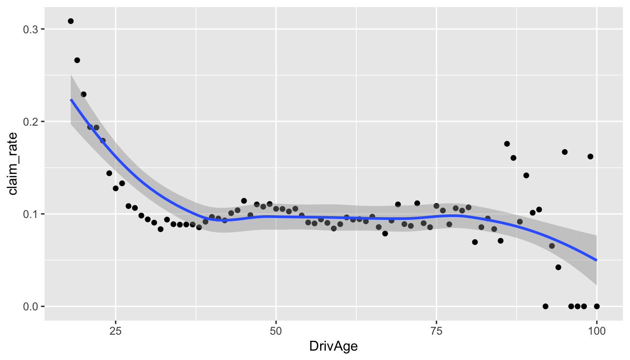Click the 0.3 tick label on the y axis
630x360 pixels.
30,30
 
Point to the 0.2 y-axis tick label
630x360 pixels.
30,122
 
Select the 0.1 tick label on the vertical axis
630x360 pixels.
30,214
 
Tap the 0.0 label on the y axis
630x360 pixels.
30,307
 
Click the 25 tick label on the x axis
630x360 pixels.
116,331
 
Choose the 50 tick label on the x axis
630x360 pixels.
276,331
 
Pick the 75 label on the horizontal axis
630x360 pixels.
436,331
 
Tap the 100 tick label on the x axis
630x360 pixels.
597,331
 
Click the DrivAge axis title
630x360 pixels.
334,346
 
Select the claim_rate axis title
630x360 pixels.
13,164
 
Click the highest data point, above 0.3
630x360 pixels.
71,21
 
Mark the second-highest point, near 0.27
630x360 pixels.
77,60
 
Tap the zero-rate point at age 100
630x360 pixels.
597,306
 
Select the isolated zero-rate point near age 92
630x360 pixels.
545,306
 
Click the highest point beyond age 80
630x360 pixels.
507,144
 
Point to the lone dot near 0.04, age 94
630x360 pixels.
558,267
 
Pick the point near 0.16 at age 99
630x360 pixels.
590,157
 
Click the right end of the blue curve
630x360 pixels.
597,261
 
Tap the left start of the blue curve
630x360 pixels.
71,99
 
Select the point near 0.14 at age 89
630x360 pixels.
526,175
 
